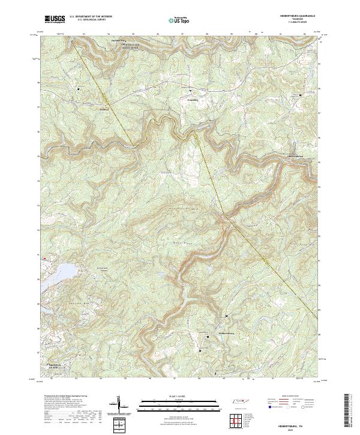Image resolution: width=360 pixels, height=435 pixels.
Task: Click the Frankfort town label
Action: click(192, 100)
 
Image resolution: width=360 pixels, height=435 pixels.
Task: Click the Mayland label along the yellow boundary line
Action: click(104, 109)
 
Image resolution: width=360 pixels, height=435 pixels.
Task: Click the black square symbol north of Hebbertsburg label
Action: click(226, 316)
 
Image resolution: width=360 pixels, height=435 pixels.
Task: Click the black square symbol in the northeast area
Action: click(301, 95)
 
